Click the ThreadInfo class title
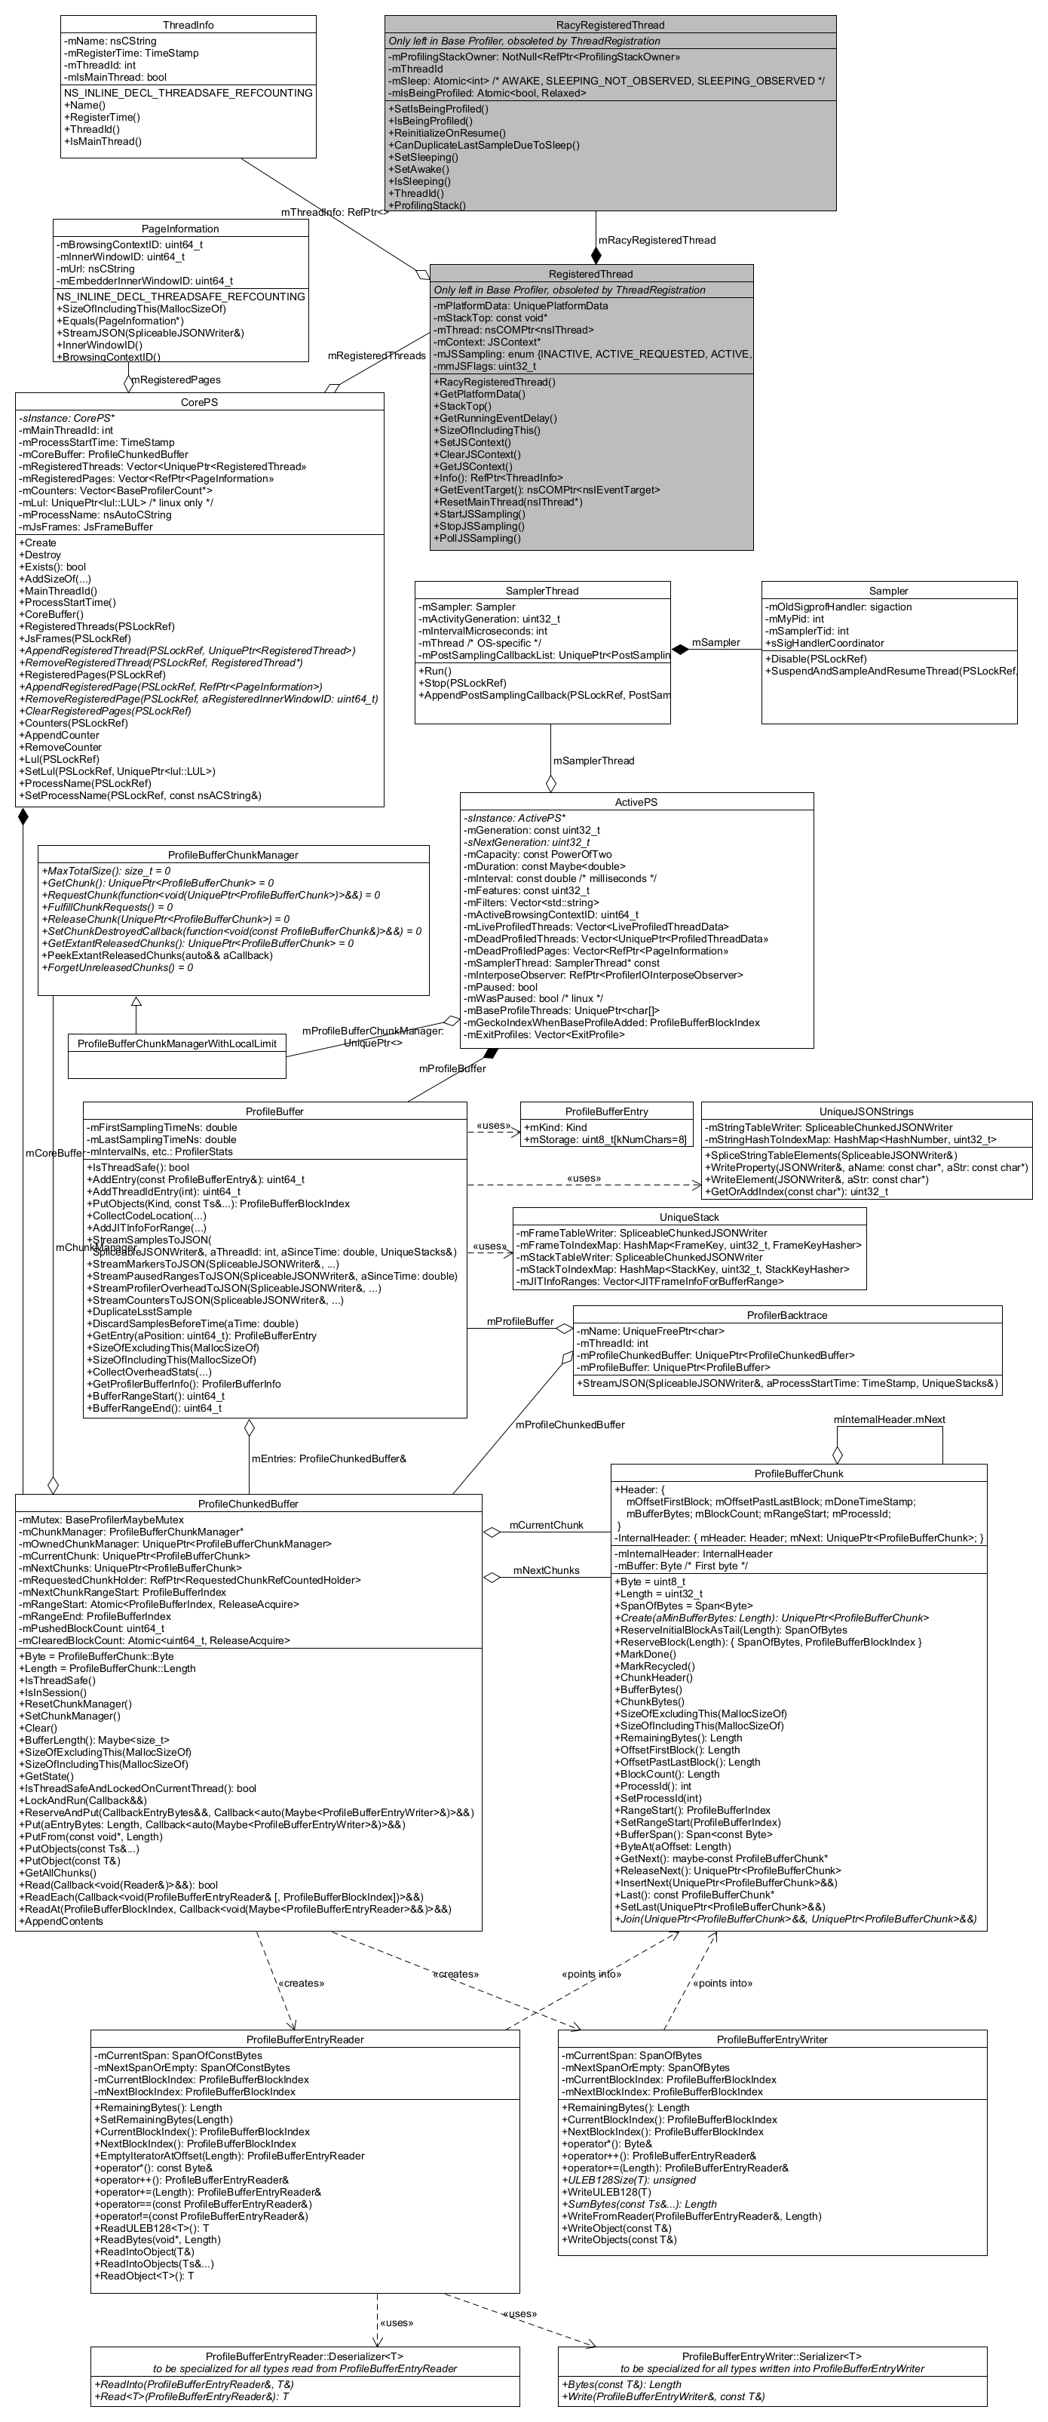pyautogui.click(x=188, y=24)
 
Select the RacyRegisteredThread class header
pyautogui.click(x=610, y=24)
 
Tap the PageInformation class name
pyautogui.click(x=180, y=229)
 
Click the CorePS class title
pyautogui.click(x=199, y=401)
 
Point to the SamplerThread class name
pyautogui.click(x=542, y=591)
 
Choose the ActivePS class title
pyautogui.click(x=636, y=802)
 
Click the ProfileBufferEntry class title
pyautogui.click(x=606, y=1111)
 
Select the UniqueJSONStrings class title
pyautogui.click(x=866, y=1111)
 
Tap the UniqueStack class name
pyautogui.click(x=689, y=1216)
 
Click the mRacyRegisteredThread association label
pyautogui.click(x=657, y=241)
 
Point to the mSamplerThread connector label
pyautogui.click(x=593, y=761)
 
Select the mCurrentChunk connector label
pyautogui.click(x=546, y=1525)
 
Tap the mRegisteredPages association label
pyautogui.click(x=176, y=380)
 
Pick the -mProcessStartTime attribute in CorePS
pyautogui.click(x=97, y=442)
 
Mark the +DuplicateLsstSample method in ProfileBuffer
pyautogui.click(x=139, y=1311)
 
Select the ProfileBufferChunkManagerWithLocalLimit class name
pyautogui.click(x=176, y=1043)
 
